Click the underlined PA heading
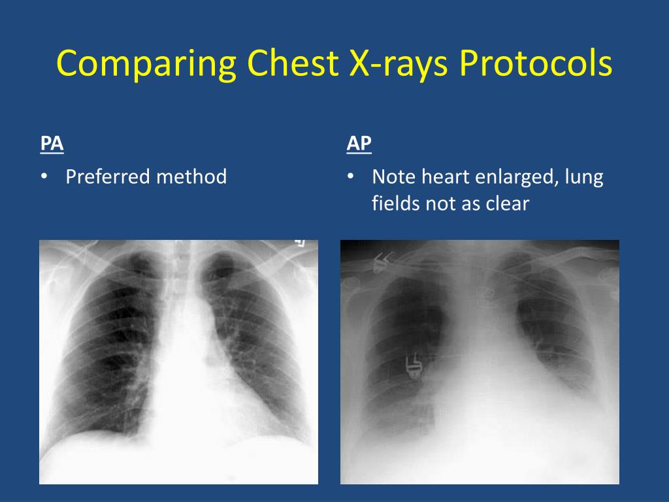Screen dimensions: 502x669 coord(52,144)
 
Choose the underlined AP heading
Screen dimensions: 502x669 coord(359,144)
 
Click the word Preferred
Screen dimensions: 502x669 coord(108,176)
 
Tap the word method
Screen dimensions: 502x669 coord(192,176)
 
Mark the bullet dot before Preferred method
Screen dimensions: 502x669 coord(44,177)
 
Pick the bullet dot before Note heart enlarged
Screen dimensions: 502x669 coord(351,177)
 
